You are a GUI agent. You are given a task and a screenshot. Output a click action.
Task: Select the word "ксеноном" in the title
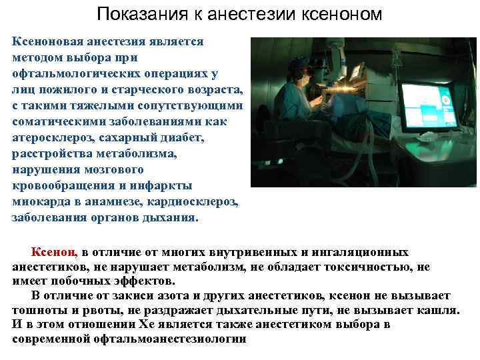point(339,14)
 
